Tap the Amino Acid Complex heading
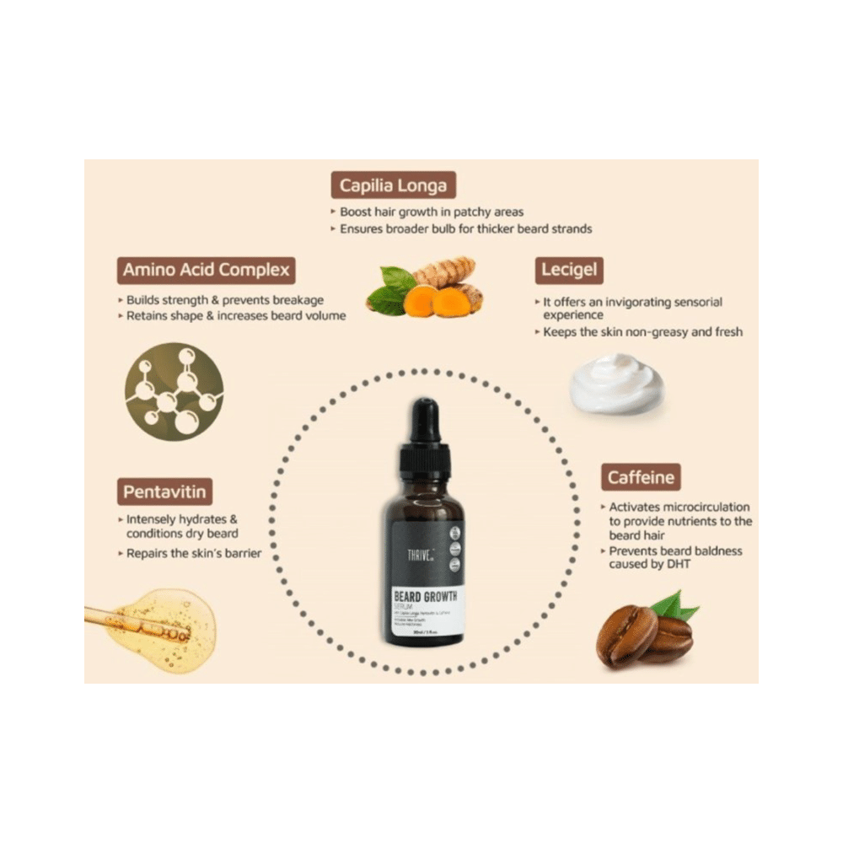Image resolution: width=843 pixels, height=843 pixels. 206,271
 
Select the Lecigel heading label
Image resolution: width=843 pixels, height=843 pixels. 569,271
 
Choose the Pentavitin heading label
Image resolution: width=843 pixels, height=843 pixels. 165,491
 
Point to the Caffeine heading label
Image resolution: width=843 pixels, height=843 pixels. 642,478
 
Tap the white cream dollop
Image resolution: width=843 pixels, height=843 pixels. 616,384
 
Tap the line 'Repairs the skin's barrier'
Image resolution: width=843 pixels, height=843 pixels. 193,554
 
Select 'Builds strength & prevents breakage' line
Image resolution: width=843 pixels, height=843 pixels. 224,300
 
